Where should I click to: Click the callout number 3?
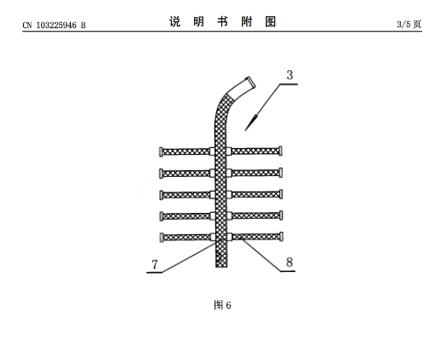[290, 75]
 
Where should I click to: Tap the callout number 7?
[155, 264]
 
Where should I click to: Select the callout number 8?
[289, 262]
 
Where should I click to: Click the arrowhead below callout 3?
[251, 122]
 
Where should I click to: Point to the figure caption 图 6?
[222, 305]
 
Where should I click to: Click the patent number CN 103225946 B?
[54, 26]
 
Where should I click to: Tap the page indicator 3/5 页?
[409, 24]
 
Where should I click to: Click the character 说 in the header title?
[175, 21]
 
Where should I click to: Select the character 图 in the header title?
[271, 21]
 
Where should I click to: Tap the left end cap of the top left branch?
[161, 151]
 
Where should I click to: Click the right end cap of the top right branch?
[281, 150]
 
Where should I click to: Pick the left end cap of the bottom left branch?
[162, 238]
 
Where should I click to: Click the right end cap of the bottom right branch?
[281, 237]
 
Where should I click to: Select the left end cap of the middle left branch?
[162, 195]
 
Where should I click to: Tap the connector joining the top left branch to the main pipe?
[212, 151]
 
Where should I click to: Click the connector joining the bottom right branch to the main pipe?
[229, 237]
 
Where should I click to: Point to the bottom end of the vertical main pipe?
[221, 267]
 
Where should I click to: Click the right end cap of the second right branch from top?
[281, 173]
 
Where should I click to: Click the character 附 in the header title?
[247, 21]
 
